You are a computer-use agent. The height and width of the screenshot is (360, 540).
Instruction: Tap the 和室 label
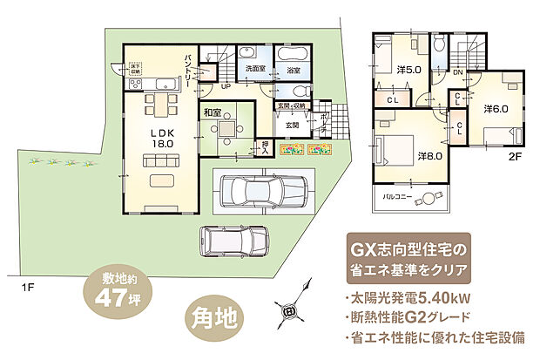click(213, 113)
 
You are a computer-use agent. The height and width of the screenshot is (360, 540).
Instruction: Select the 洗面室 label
click(255, 69)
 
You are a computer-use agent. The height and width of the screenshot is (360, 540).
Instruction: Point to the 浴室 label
click(294, 69)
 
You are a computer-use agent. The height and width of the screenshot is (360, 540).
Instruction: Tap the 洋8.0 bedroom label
click(431, 155)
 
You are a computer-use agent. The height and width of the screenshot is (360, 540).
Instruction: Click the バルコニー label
click(399, 198)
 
